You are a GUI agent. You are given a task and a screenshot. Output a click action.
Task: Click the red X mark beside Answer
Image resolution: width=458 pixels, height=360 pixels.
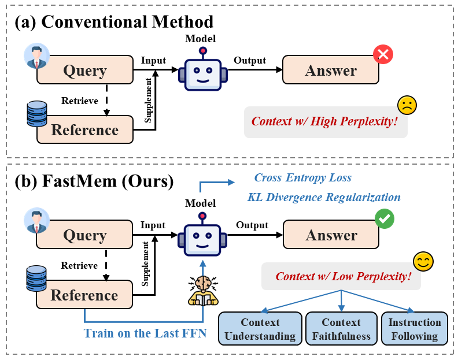382,55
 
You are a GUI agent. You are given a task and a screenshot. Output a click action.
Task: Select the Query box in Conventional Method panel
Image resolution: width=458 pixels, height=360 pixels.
85,71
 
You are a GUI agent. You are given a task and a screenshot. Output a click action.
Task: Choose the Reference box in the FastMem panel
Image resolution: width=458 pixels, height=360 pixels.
84,295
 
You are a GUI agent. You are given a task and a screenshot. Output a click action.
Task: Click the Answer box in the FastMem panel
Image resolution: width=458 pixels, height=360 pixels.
331,235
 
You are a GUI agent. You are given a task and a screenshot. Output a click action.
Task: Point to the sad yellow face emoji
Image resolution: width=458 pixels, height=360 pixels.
407,105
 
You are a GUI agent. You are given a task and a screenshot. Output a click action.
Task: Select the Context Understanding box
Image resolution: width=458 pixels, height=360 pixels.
260,329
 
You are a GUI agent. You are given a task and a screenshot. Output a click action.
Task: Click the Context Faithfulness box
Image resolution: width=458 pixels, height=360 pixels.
341,329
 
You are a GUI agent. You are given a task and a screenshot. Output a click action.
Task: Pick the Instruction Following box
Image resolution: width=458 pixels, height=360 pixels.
415,329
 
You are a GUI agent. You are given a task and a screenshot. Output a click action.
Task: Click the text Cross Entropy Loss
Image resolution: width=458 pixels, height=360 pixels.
303,177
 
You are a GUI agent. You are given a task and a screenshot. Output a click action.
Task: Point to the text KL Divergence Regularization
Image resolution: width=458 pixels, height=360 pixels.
324,197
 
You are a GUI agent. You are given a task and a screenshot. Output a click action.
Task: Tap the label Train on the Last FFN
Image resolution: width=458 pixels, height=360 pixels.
145,333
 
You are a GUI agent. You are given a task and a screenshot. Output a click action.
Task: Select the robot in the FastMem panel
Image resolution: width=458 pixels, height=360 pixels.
202,237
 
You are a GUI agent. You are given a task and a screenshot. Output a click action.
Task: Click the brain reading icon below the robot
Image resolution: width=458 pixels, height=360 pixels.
203,290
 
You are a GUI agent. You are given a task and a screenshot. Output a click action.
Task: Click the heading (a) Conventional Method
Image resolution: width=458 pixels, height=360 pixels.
114,22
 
